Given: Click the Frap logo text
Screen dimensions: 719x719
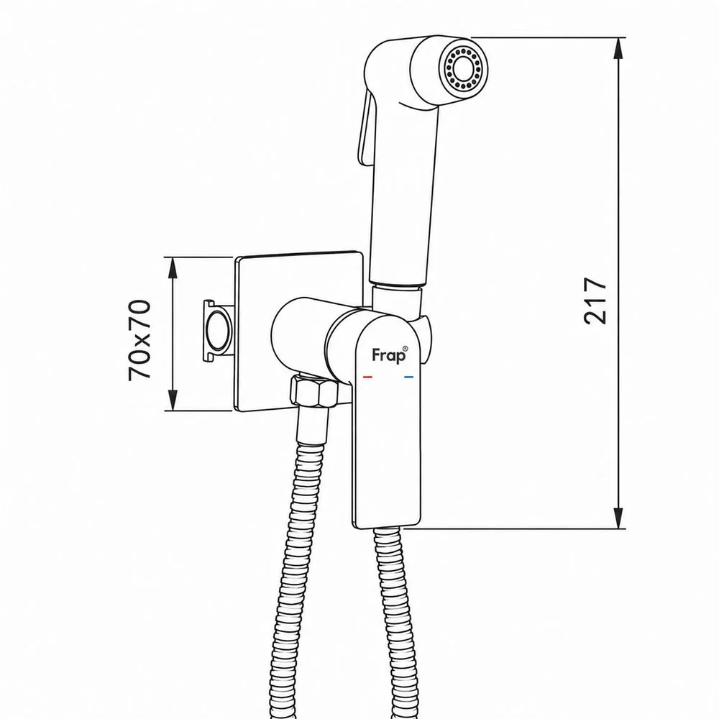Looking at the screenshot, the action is [388, 356].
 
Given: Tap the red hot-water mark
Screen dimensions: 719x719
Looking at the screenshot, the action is [367, 377].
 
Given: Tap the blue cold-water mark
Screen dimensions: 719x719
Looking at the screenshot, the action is [408, 377].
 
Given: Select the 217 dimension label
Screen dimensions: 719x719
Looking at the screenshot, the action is [595, 301].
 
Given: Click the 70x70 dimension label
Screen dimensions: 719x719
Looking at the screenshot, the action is [139, 340].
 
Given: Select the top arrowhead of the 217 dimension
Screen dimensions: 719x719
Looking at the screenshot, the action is [618, 48].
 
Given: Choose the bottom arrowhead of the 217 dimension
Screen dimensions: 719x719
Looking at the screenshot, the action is [618, 518].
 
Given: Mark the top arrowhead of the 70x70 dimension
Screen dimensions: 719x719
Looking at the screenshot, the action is [173, 268].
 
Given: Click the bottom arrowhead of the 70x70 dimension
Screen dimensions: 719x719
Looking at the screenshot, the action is [173, 400].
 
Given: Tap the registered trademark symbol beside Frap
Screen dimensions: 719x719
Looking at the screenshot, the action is [404, 349].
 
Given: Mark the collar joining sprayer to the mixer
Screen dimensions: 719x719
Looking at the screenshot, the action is [397, 303].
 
